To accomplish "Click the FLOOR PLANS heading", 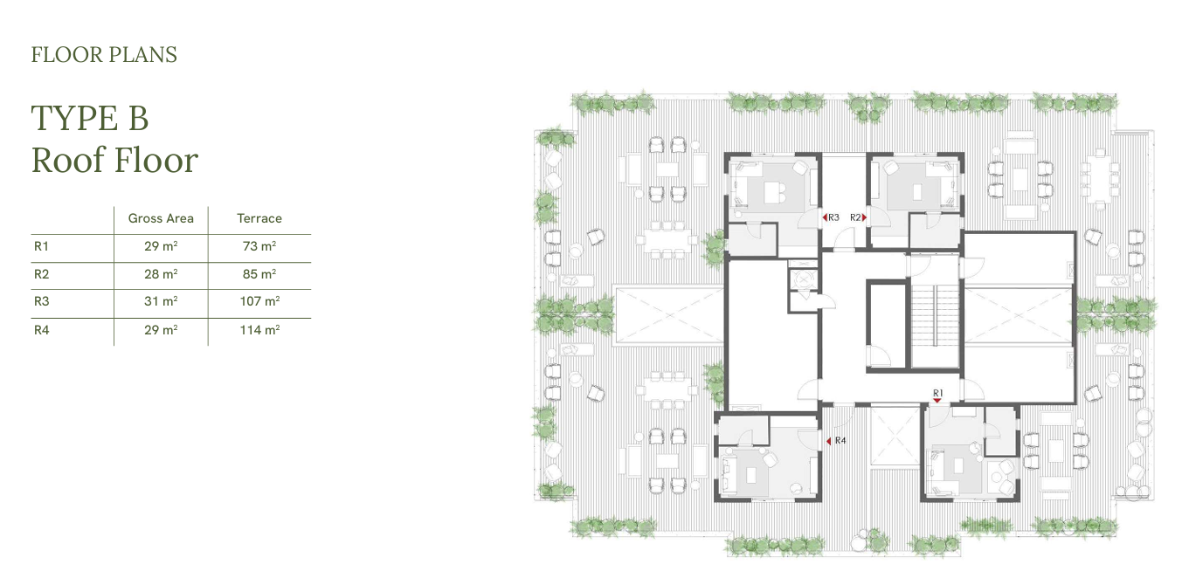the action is pyautogui.click(x=104, y=55).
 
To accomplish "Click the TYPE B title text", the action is pyautogui.click(x=90, y=118).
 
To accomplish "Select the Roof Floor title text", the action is pyautogui.click(x=115, y=160).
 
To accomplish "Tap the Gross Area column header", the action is pyautogui.click(x=161, y=218).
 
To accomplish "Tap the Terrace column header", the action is pyautogui.click(x=259, y=218).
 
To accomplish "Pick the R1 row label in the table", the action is pyautogui.click(x=41, y=246).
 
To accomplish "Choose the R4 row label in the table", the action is pyautogui.click(x=41, y=330).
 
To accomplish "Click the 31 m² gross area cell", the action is pyautogui.click(x=161, y=301).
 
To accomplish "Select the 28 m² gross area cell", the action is pyautogui.click(x=161, y=274).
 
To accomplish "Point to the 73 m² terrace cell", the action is pyautogui.click(x=259, y=246).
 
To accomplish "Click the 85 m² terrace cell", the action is pyautogui.click(x=259, y=274).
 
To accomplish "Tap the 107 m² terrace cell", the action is pyautogui.click(x=259, y=301).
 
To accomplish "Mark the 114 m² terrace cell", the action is pyautogui.click(x=259, y=330).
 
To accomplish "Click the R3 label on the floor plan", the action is pyautogui.click(x=833, y=217).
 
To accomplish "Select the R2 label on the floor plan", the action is pyautogui.click(x=855, y=217).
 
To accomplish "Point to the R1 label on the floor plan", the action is pyautogui.click(x=937, y=393).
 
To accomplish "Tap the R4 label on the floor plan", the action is pyautogui.click(x=840, y=440).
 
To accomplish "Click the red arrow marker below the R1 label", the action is pyautogui.click(x=937, y=401).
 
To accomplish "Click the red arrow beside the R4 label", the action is pyautogui.click(x=829, y=441).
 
